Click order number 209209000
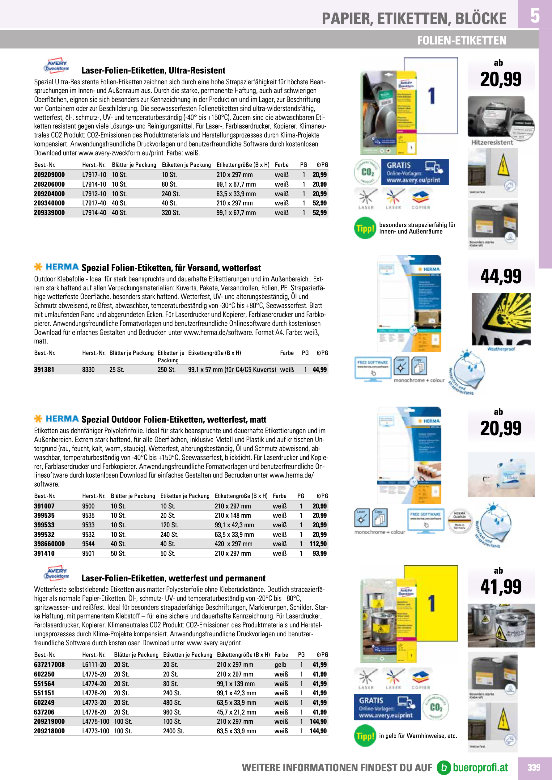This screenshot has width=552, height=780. click(49, 175)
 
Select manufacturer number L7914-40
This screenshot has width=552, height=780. click(94, 213)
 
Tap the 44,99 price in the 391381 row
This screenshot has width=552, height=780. click(320, 370)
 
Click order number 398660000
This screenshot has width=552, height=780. click(49, 544)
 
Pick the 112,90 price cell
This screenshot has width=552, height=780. click(318, 544)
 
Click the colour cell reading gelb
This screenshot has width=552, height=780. click(280, 665)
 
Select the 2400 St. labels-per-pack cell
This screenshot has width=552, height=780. click(173, 731)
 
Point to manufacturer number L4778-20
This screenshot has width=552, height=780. click(94, 712)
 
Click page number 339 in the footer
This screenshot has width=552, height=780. click(534, 767)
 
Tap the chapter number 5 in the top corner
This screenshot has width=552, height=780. click(535, 16)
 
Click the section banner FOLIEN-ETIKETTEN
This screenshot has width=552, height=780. click(461, 40)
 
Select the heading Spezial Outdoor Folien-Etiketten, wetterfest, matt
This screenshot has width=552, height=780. click(174, 420)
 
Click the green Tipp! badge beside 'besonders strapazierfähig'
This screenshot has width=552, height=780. click(365, 228)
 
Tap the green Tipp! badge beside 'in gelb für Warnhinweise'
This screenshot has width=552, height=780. click(365, 736)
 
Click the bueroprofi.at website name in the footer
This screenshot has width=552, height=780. click(480, 768)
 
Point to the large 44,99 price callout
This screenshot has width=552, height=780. click(501, 276)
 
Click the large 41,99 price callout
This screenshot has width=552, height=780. click(501, 587)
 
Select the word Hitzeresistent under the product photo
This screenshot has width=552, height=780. click(492, 143)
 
